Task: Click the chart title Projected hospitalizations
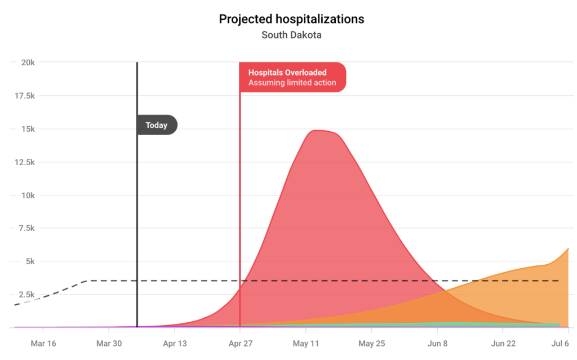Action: pyautogui.click(x=291, y=19)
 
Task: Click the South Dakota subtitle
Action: pyautogui.click(x=291, y=35)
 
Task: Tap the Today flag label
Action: pyautogui.click(x=157, y=125)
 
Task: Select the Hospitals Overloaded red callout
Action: pyautogui.click(x=292, y=77)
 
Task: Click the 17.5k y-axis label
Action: pyautogui.click(x=24, y=96)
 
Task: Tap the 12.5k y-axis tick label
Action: pyautogui.click(x=24, y=162)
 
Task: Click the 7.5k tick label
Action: pyautogui.click(x=26, y=228)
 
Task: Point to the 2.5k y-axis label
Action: pyautogui.click(x=26, y=295)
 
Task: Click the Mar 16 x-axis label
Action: pyautogui.click(x=43, y=343)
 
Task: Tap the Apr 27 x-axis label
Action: pyautogui.click(x=240, y=343)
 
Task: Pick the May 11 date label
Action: pyautogui.click(x=306, y=343)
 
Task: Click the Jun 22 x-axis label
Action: pyautogui.click(x=503, y=343)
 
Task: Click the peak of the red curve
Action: pyautogui.click(x=318, y=131)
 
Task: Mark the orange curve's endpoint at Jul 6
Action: pyautogui.click(x=568, y=248)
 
